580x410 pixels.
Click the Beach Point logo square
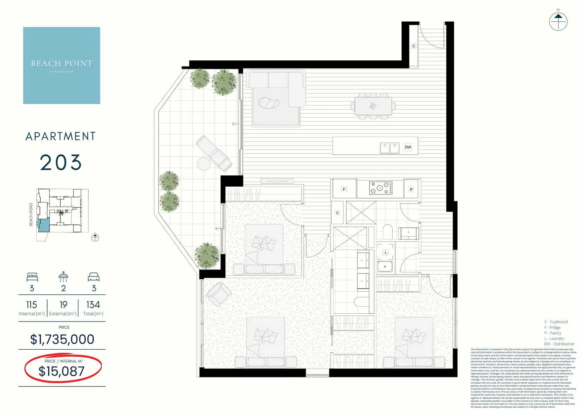61,65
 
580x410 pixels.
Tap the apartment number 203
61,162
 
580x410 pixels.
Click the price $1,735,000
62,339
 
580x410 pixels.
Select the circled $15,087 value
61,371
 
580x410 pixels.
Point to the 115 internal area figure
32,305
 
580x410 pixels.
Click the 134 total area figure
93,305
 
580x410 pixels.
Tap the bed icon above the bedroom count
32,277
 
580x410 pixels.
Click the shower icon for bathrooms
63,277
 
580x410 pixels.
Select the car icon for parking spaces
94,277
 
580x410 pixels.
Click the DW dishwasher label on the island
408,147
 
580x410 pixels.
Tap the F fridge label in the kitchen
344,189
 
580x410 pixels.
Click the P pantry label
411,189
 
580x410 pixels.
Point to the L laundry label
386,253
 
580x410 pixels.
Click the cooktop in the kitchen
380,188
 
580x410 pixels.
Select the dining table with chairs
373,106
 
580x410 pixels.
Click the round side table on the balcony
204,164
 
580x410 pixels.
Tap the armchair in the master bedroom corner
219,294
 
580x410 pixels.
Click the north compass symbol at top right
558,21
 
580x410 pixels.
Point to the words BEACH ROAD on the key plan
31,214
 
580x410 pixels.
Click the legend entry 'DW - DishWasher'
559,344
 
